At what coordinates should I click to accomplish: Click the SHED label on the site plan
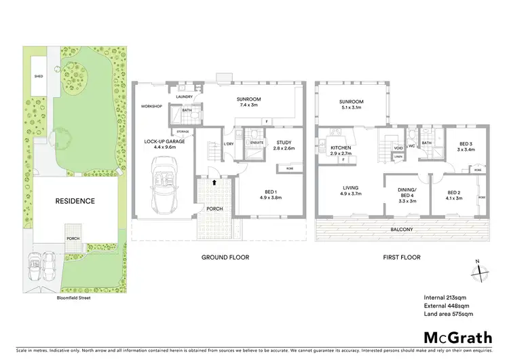pyautogui.click(x=39, y=77)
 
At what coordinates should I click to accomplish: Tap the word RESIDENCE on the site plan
pyautogui.click(x=75, y=201)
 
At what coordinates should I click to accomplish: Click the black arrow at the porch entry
pyautogui.click(x=214, y=182)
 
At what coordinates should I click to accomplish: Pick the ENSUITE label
pyautogui.click(x=257, y=143)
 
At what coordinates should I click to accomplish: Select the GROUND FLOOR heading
pyautogui.click(x=225, y=257)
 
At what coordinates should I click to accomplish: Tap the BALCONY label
pyautogui.click(x=402, y=230)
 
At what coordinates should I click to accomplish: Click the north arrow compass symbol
pyautogui.click(x=480, y=270)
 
